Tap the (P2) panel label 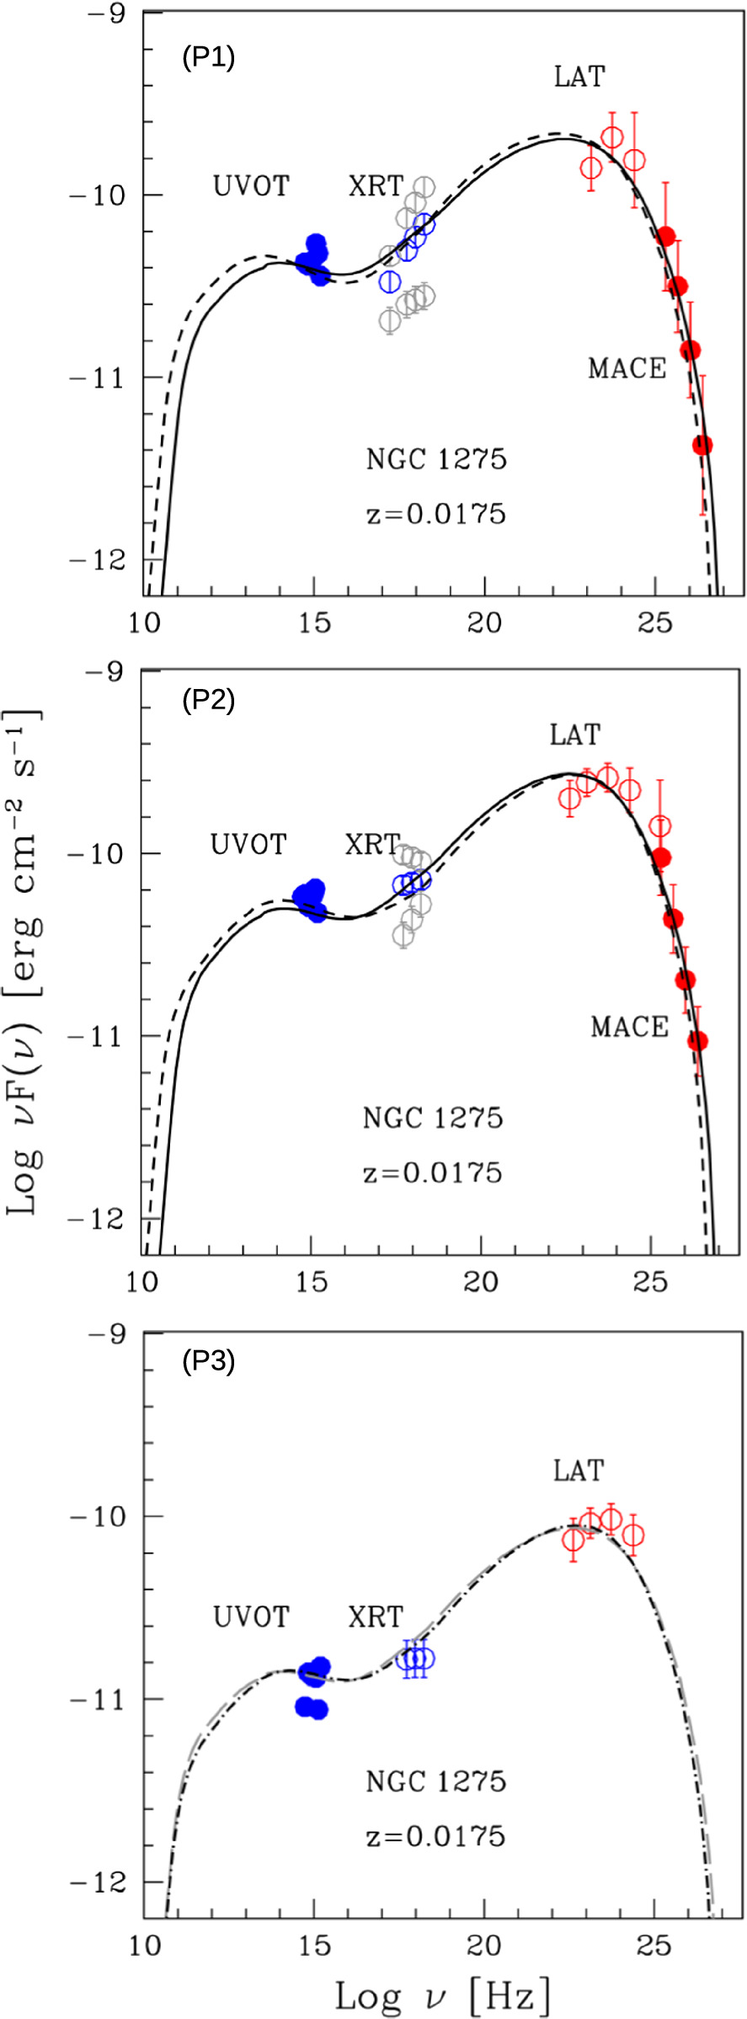tap(208, 700)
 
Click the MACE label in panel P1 tap(627, 368)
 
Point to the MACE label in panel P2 tap(629, 1027)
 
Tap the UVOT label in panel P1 tap(251, 185)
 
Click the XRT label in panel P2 tap(372, 843)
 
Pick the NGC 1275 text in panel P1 tap(436, 459)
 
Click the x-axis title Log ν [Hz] tap(442, 1996)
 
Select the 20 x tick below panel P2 tap(481, 1281)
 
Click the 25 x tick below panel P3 tap(654, 1945)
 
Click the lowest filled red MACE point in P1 tap(702, 445)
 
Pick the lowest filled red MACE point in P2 tap(697, 1042)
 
